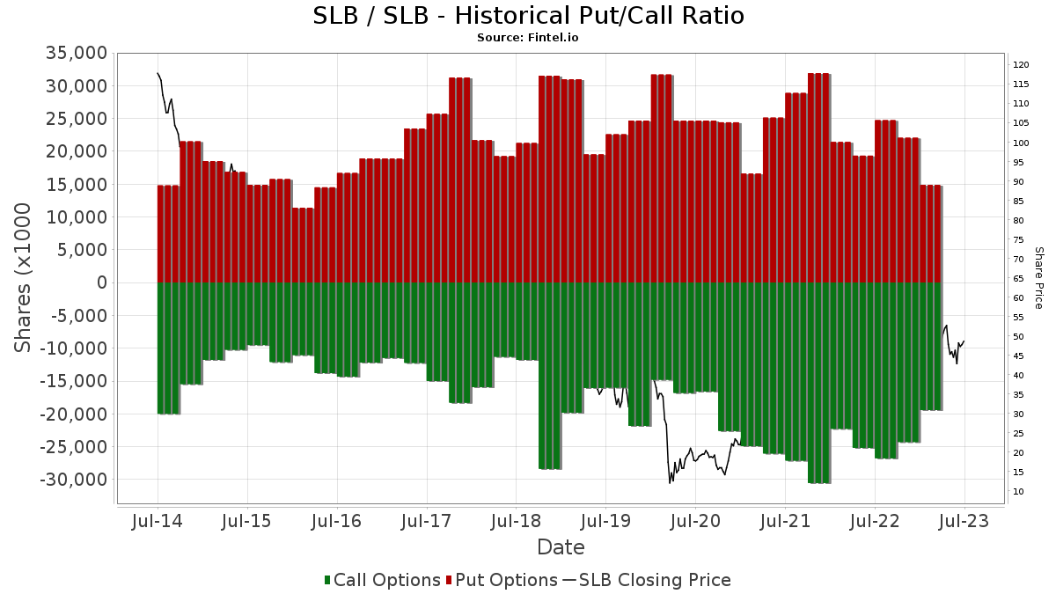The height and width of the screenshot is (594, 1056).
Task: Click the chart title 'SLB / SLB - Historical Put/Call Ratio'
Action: point(528,16)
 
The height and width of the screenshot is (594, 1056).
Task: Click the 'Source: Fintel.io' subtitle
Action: point(527,38)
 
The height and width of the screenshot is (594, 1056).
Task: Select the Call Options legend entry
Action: point(382,580)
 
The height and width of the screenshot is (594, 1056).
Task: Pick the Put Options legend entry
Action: point(502,580)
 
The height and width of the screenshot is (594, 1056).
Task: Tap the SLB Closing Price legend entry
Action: point(647,580)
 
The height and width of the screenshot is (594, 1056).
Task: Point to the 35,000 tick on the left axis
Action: point(77,53)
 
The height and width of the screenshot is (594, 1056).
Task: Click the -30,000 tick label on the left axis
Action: point(74,480)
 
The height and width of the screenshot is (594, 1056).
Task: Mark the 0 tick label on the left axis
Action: point(102,282)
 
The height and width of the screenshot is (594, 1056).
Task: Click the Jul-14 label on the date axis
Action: point(158,521)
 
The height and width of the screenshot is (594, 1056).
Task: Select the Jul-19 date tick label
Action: point(605,521)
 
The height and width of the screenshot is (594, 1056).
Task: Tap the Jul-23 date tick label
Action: point(964,521)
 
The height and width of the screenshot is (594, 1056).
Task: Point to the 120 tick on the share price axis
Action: point(1021,65)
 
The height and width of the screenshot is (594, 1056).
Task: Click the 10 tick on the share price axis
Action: point(1018,492)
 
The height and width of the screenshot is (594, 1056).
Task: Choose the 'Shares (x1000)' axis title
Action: point(22,278)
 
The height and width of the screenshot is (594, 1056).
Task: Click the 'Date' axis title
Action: point(561,547)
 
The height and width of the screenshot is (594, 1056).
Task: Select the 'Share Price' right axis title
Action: point(1038,278)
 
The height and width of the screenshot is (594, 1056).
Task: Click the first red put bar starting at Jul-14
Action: point(168,234)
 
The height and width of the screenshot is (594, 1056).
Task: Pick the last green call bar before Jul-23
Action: point(931,347)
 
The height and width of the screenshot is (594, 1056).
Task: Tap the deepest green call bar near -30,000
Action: point(819,383)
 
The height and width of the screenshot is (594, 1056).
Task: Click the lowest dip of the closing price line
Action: point(670,483)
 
